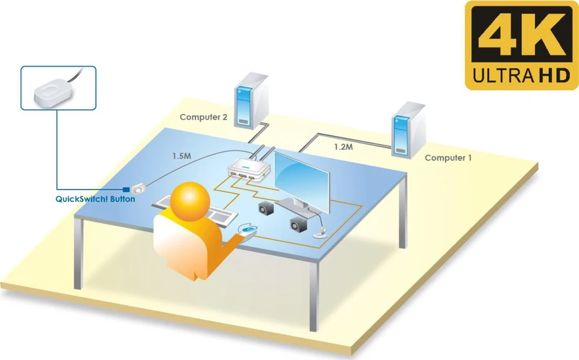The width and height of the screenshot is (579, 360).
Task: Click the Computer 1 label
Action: [x=448, y=158]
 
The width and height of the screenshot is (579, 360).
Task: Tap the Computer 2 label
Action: [x=203, y=117]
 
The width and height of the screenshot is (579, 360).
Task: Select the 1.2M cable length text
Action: [x=343, y=147]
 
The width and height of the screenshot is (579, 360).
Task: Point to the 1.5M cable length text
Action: [x=182, y=156]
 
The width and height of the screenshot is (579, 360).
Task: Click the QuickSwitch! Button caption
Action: [x=96, y=199]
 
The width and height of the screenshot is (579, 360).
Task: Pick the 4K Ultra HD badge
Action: [x=522, y=45]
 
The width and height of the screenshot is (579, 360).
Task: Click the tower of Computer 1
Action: [x=408, y=130]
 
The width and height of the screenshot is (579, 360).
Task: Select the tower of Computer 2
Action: [x=251, y=101]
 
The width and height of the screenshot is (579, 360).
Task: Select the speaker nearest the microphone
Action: [x=298, y=225]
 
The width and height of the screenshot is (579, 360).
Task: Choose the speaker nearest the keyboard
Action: [x=266, y=208]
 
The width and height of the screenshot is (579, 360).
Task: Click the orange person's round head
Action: [x=190, y=201]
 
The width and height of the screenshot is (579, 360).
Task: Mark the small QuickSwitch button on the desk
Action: [x=139, y=189]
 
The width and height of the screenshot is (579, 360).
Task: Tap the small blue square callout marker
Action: [x=126, y=190]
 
